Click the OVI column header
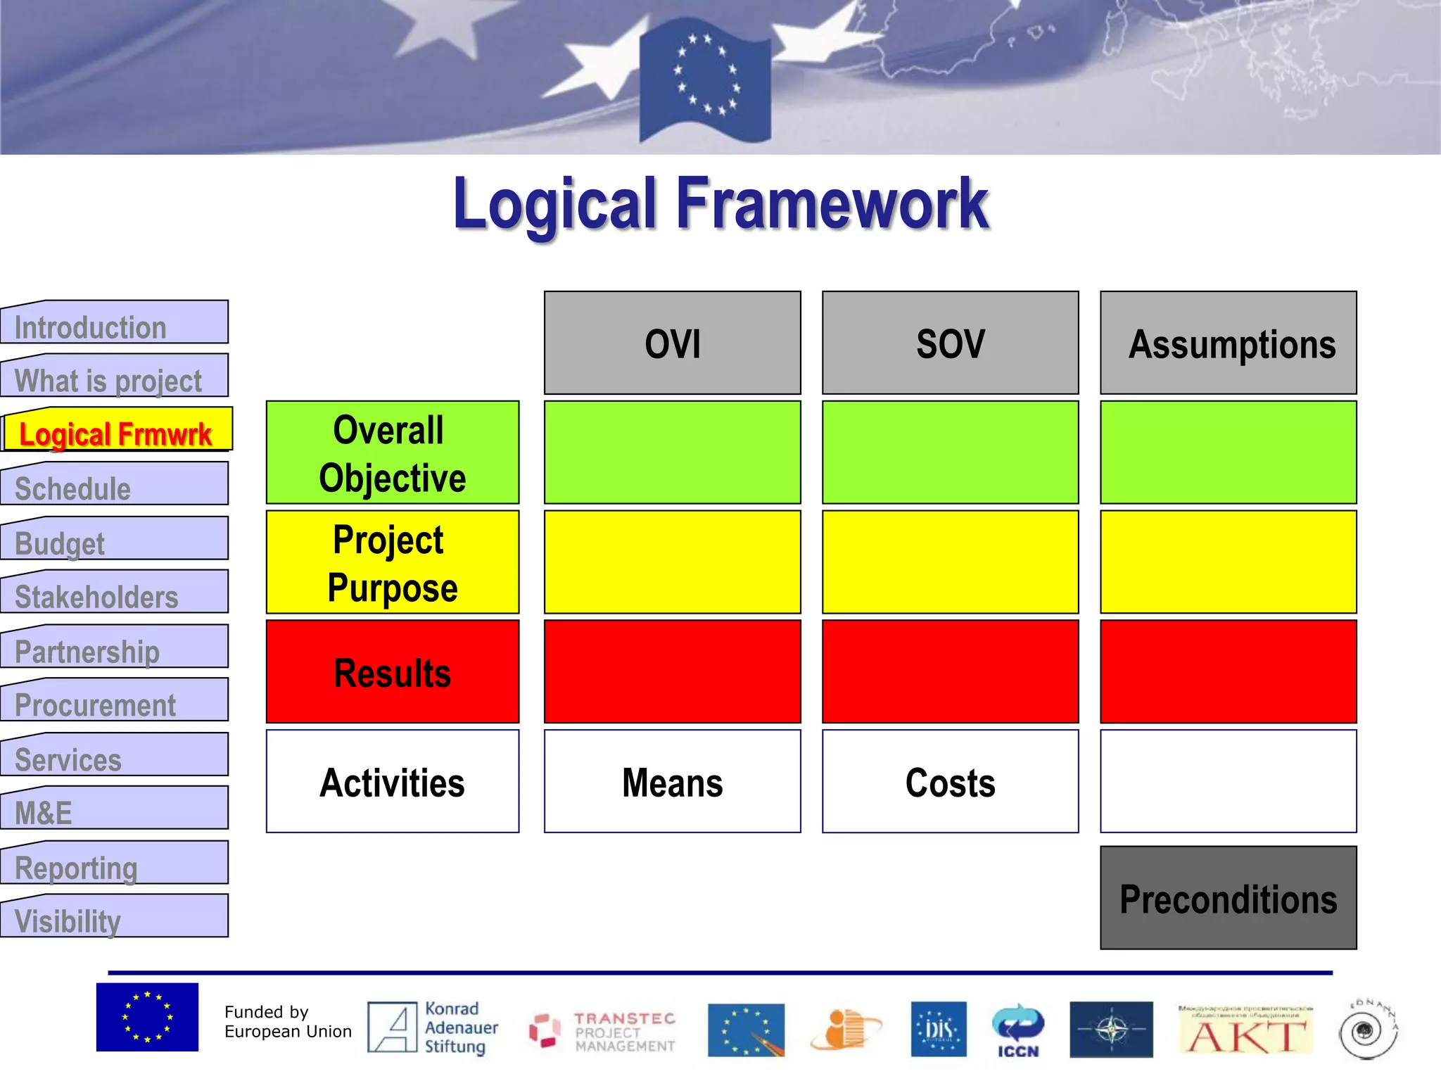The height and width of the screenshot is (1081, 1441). tap(672, 343)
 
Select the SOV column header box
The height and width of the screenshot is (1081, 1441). tap(950, 343)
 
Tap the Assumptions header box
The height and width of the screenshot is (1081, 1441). tap(1228, 343)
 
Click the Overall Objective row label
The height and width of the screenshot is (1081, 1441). tap(393, 453)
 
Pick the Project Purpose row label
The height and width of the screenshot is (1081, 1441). tap(393, 562)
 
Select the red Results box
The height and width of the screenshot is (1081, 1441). tap(393, 671)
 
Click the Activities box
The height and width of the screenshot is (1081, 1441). tap(393, 781)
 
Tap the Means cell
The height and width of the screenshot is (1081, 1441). tap(672, 781)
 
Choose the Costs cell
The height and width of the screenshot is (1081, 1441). tap(950, 781)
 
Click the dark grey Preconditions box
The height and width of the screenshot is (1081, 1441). tap(1228, 898)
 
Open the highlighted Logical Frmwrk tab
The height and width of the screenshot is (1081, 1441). tap(116, 432)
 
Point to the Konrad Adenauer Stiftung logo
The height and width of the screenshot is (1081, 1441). tap(433, 1028)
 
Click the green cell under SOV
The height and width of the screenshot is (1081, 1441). tap(950, 453)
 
